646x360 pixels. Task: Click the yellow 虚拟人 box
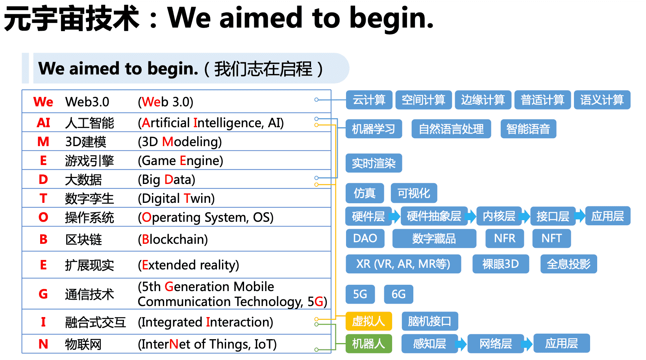368,321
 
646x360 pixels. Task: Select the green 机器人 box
368,343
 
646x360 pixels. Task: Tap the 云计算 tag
369,100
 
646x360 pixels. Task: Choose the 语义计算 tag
602,100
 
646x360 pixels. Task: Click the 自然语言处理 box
451,129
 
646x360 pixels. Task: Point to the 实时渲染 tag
374,163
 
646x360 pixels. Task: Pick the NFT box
551,238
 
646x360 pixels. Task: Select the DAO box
365,238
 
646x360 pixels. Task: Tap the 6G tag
398,294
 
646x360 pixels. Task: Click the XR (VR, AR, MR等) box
403,264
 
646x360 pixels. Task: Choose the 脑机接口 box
429,321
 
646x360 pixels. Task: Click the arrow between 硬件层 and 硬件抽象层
395,216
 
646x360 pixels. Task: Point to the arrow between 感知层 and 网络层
461,344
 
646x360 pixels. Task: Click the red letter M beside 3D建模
43,141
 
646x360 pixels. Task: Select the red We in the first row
43,102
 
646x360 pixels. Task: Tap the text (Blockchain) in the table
173,239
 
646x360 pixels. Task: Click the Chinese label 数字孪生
89,198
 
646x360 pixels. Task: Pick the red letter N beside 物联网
43,344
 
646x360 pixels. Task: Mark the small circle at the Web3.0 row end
316,100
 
